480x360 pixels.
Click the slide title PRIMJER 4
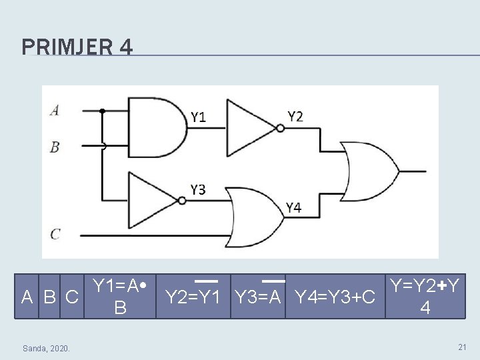77,47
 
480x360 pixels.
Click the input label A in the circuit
54,111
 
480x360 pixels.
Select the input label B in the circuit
55,147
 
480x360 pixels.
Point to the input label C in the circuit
55,234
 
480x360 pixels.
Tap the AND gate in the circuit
158,129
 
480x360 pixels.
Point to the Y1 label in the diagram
198,118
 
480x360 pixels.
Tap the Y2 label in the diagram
295,117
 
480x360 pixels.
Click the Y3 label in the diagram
198,190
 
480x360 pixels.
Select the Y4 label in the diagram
293,208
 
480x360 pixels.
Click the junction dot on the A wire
103,111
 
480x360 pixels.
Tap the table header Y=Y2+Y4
424,296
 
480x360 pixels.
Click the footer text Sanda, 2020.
49,348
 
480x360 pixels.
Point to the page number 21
462,347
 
